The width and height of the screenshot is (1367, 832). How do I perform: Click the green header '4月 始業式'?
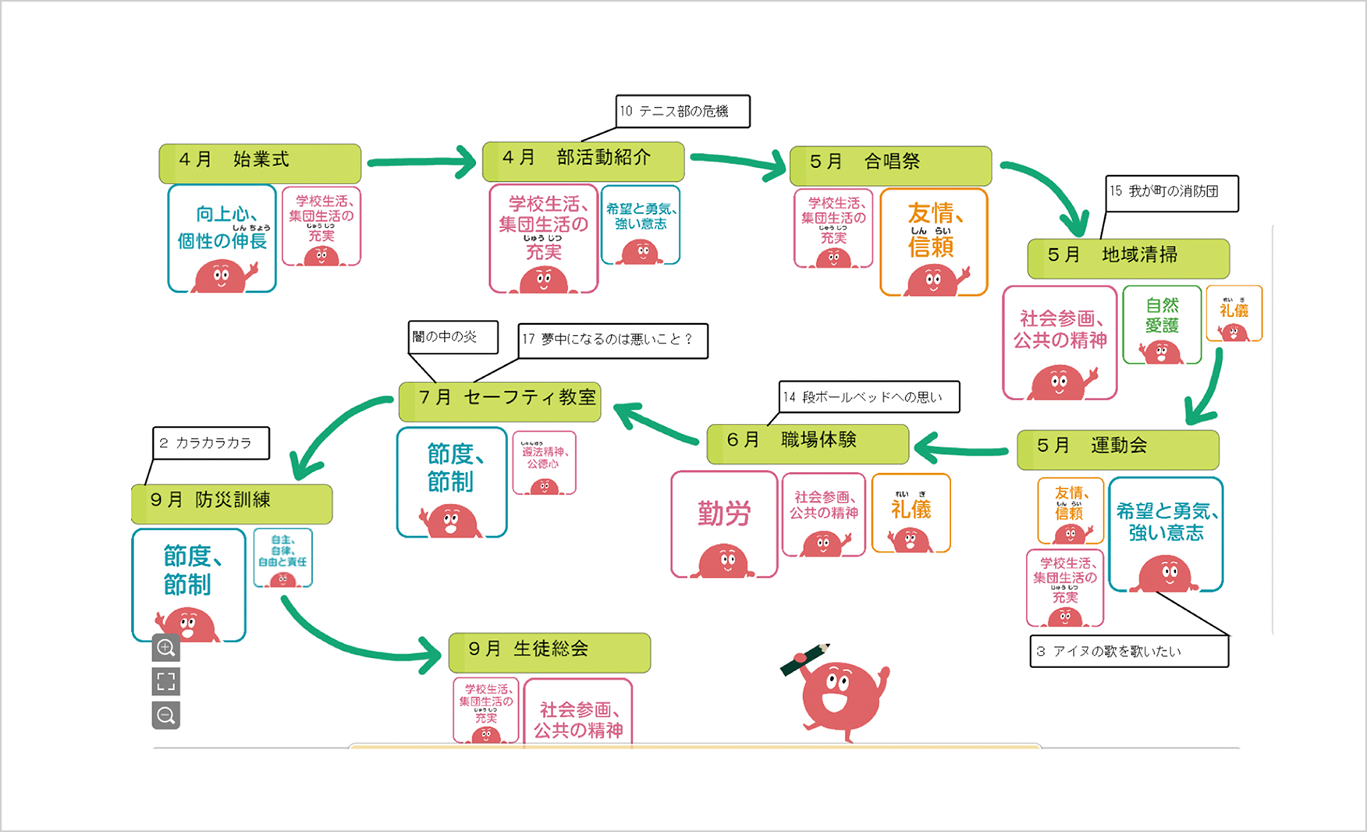(260, 162)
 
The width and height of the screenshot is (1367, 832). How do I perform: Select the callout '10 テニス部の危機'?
(683, 112)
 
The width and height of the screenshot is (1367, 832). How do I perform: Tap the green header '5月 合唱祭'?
(890, 165)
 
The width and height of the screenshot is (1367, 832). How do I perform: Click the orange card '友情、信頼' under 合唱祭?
(934, 242)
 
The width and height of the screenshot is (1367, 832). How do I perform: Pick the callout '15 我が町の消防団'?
(1172, 193)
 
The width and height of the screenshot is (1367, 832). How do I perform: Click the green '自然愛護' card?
(1162, 324)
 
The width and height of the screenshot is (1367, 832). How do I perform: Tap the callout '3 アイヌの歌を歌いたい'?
(1129, 652)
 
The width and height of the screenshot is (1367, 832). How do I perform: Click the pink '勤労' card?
(724, 523)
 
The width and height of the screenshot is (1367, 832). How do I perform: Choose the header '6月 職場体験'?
(808, 443)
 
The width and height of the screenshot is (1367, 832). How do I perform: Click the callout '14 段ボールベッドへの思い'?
(869, 397)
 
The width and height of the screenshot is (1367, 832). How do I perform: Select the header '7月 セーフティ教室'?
(499, 400)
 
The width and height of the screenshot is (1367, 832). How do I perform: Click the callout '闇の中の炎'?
(453, 337)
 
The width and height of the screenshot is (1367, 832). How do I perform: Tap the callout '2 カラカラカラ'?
(211, 443)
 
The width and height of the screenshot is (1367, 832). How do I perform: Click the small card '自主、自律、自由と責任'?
(282, 556)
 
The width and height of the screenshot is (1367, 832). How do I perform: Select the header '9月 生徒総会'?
(549, 652)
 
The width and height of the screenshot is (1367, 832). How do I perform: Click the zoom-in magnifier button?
(165, 648)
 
